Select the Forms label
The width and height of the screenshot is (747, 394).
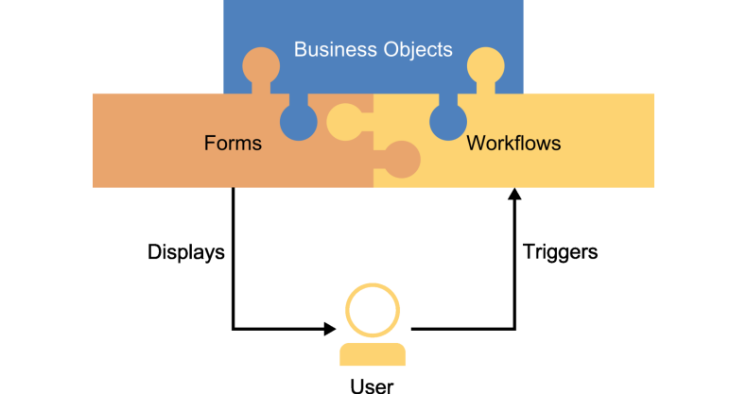tap(233, 144)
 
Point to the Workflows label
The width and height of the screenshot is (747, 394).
tap(513, 144)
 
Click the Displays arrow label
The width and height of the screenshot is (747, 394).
tap(186, 252)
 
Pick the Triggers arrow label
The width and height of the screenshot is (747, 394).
tap(561, 252)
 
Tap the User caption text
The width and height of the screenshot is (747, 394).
tap(372, 385)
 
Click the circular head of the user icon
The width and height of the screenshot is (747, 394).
tap(372, 309)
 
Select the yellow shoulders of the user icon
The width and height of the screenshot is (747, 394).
tap(372, 354)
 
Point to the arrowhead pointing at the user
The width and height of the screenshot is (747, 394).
tap(330, 329)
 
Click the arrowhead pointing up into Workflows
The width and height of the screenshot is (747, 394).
tap(514, 195)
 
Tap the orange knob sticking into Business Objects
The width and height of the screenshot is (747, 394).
tap(261, 66)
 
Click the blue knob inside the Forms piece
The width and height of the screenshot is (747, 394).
tap(299, 121)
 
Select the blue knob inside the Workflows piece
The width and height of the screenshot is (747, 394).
tap(448, 121)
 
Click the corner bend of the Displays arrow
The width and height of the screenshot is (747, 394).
tap(233, 329)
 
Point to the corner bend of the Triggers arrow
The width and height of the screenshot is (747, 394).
tap(514, 329)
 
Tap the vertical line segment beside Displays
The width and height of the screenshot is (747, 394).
tap(233, 255)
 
